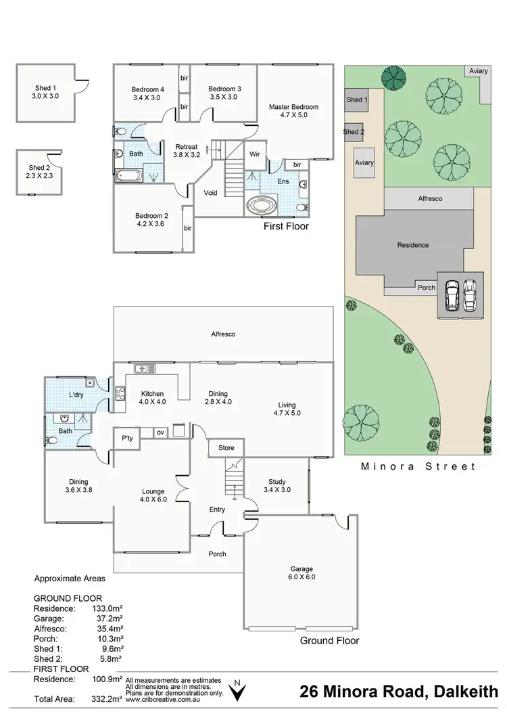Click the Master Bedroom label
293,111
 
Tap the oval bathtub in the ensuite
258,205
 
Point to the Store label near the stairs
226,447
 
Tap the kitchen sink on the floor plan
145,369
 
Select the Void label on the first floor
211,193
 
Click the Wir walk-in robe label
255,154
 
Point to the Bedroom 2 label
150,221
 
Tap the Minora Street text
418,466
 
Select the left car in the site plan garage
452,294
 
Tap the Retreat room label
186,150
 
